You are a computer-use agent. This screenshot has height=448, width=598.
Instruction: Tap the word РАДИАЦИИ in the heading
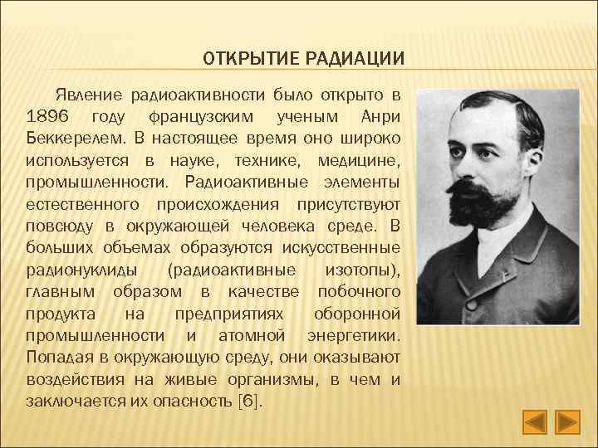tap(353, 59)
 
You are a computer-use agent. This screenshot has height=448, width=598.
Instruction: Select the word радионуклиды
tap(76, 270)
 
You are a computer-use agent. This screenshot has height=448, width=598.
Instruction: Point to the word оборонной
tap(358, 314)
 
